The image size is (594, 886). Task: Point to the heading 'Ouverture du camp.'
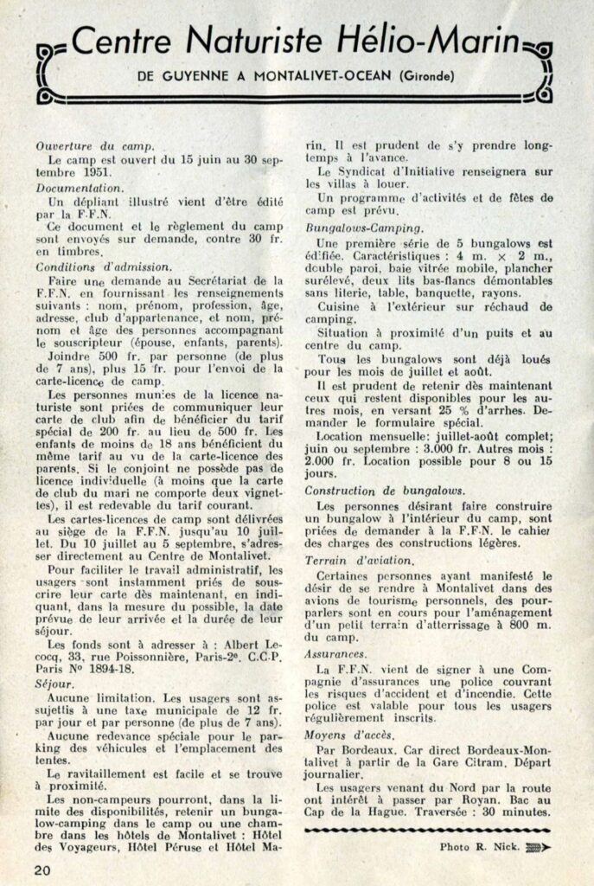[96, 146]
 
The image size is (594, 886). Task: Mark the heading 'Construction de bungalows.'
[386, 490]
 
